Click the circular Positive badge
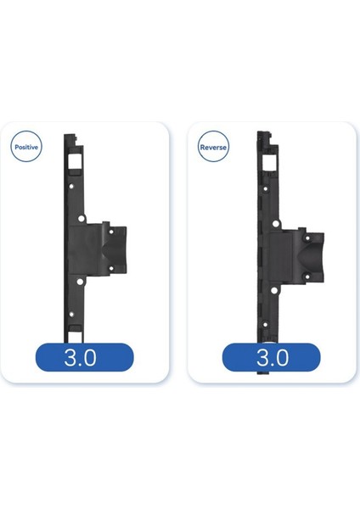[x=27, y=146]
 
